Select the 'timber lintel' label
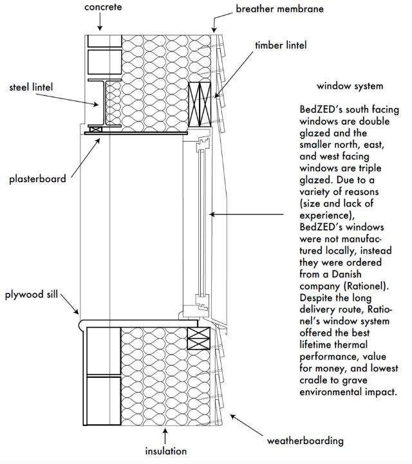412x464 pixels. pos(281,45)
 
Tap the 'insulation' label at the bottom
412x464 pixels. pos(165,451)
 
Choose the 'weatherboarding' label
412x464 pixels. pos(305,441)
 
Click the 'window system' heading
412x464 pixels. pos(350,86)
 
